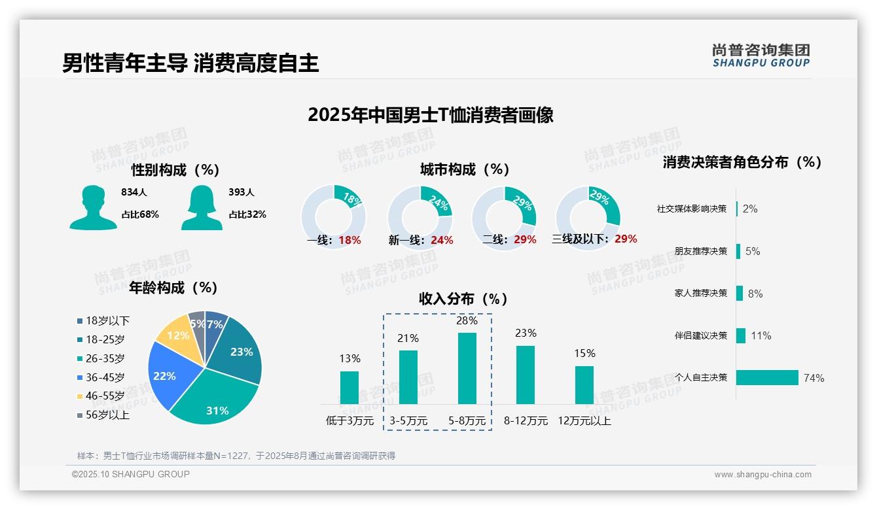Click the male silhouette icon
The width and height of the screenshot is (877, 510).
93,207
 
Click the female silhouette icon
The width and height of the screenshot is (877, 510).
202,207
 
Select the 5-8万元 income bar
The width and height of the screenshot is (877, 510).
467,368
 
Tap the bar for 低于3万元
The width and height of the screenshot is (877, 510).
349,388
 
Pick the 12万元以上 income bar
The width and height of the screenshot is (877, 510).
584,385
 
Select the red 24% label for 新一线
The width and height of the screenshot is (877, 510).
442,241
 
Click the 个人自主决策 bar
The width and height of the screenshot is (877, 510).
767,378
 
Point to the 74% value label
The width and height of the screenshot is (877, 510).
814,378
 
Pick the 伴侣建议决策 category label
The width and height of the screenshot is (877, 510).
700,335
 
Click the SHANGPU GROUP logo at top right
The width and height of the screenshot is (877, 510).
761,56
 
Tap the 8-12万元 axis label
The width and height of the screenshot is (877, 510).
526,421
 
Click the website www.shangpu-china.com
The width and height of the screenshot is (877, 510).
762,475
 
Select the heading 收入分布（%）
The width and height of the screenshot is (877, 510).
463,299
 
